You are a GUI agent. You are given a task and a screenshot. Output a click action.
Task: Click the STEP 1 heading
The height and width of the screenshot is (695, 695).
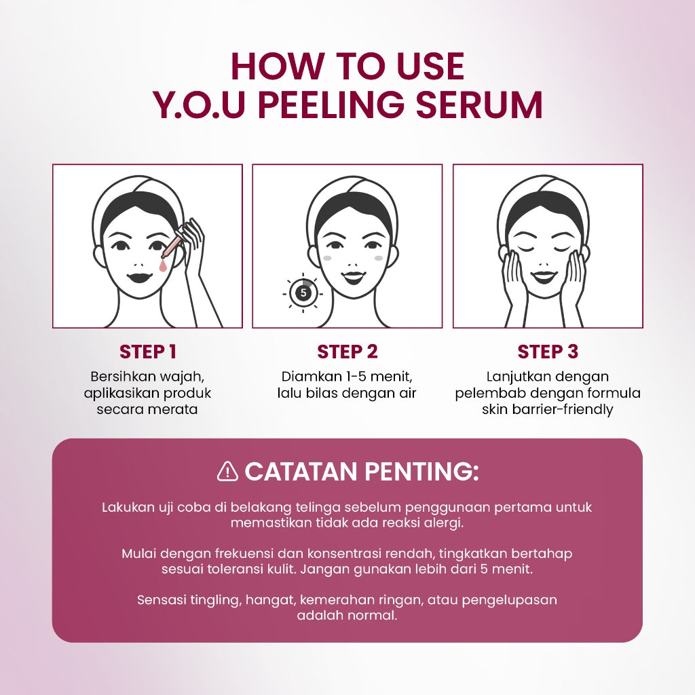coord(148,352)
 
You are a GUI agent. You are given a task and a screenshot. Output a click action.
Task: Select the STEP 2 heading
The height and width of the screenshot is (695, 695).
coord(347,352)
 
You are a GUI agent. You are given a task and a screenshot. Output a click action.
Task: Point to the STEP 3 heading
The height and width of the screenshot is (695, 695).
coord(548,352)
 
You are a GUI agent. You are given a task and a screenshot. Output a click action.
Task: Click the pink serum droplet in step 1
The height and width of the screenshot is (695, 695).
coord(163,267)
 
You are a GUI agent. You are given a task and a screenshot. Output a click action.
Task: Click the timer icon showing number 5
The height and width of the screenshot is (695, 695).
coord(303,293)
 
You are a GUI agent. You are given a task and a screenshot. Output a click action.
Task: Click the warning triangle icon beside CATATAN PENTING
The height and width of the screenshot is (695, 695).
coord(227,471)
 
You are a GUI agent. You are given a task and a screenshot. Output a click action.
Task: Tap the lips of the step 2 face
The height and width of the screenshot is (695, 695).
coord(352,277)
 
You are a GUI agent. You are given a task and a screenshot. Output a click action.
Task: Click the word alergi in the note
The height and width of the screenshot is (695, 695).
coord(444,523)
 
